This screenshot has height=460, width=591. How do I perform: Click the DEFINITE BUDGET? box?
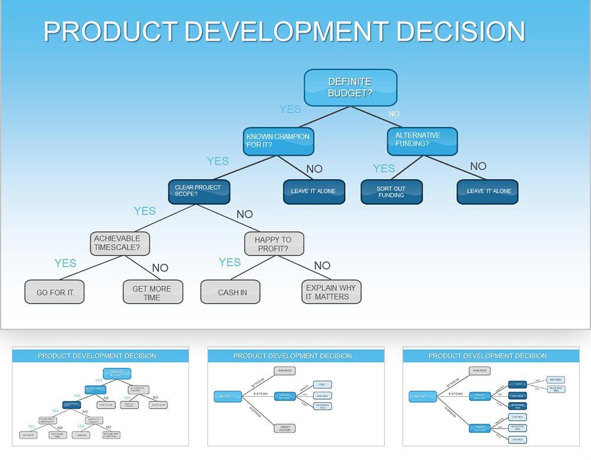tap(350, 88)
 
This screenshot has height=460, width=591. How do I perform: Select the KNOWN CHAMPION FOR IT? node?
tap(278, 141)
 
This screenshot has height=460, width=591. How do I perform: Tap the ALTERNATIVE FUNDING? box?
tap(422, 140)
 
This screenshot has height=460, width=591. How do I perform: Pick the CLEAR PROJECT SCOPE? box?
tap(199, 191)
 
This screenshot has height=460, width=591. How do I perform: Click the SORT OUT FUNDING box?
tap(391, 192)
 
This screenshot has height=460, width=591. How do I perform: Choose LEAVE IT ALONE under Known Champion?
tap(313, 192)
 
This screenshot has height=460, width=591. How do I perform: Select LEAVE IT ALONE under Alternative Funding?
tap(487, 192)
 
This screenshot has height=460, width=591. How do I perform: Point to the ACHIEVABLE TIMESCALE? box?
tap(119, 244)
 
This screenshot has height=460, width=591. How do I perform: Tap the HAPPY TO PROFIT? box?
tap(274, 244)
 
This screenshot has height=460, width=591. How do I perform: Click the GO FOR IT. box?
tap(54, 292)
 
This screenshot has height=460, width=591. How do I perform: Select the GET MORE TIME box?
tap(152, 292)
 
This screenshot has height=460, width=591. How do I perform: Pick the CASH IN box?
tap(230, 292)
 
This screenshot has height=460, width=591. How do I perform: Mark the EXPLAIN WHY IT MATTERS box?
tap(330, 292)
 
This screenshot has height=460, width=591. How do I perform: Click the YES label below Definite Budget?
tap(290, 109)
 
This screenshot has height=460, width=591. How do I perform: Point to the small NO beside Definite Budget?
tap(394, 114)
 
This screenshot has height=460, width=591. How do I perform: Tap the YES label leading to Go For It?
tap(66, 263)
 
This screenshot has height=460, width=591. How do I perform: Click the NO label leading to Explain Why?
tap(322, 265)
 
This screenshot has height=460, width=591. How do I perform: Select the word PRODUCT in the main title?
tap(111, 31)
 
